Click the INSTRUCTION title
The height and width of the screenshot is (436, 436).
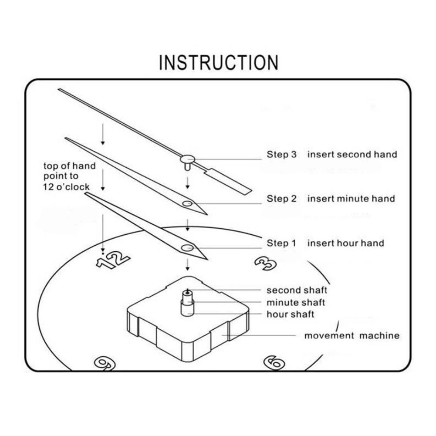[x=218, y=63]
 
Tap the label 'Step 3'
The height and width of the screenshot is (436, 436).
[x=281, y=155]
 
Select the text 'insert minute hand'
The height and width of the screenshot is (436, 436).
[x=351, y=199]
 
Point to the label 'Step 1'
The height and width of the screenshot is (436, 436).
[x=281, y=243]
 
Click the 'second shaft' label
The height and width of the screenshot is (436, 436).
[x=297, y=290]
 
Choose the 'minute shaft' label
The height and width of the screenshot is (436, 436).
[x=296, y=302]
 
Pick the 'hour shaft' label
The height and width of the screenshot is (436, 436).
[x=290, y=314]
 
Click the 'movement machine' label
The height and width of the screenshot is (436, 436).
[x=352, y=335]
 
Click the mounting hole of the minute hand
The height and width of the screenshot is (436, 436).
[x=187, y=203]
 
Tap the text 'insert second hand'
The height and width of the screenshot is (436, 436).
[x=352, y=155]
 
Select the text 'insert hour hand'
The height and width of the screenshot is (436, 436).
[x=346, y=243]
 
